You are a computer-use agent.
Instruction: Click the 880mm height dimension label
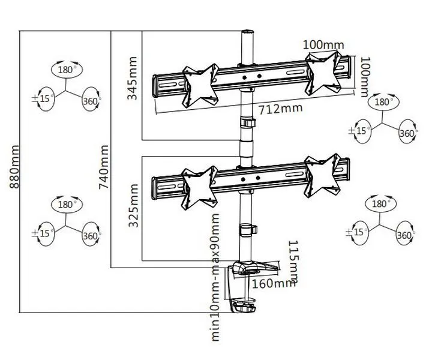pos(14,167)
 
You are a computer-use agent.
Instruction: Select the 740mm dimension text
pos(104,167)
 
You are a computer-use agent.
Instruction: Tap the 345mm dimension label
pos(133,78)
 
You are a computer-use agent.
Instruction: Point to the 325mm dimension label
pos(134,205)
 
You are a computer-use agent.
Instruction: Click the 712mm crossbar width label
pos(281,109)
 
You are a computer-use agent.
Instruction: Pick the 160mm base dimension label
pos(274,283)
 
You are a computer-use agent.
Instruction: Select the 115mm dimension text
pos(294,262)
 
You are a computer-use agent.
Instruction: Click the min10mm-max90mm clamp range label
pos(215,277)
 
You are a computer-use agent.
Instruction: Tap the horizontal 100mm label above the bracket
pos(323,45)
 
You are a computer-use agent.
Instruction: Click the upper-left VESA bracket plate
pos(200,85)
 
